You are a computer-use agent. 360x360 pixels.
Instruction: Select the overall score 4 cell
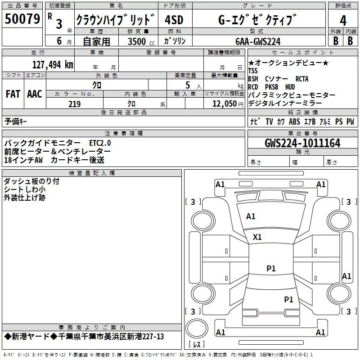coord(343,20)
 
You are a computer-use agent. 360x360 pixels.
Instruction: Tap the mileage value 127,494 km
coord(53,64)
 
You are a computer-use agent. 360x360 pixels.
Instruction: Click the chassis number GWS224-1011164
coord(302,143)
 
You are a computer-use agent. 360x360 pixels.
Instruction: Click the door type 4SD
coord(174,21)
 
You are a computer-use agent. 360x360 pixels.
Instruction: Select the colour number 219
coord(74,104)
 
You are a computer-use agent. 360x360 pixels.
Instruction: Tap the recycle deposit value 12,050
coord(221,104)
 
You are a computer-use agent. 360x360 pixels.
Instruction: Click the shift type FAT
coord(13,94)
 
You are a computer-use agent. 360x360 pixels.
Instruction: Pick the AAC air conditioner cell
coord(35,94)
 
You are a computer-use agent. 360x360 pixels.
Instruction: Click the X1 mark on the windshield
coord(257,237)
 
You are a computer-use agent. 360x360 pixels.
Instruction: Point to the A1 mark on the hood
coord(251,216)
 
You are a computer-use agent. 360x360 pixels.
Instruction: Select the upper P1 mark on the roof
coord(271,268)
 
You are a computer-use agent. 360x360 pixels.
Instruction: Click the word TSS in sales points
coord(254,71)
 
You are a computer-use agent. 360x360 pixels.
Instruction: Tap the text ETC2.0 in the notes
coord(99,143)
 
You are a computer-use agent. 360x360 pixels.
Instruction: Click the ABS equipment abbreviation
coord(294,121)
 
